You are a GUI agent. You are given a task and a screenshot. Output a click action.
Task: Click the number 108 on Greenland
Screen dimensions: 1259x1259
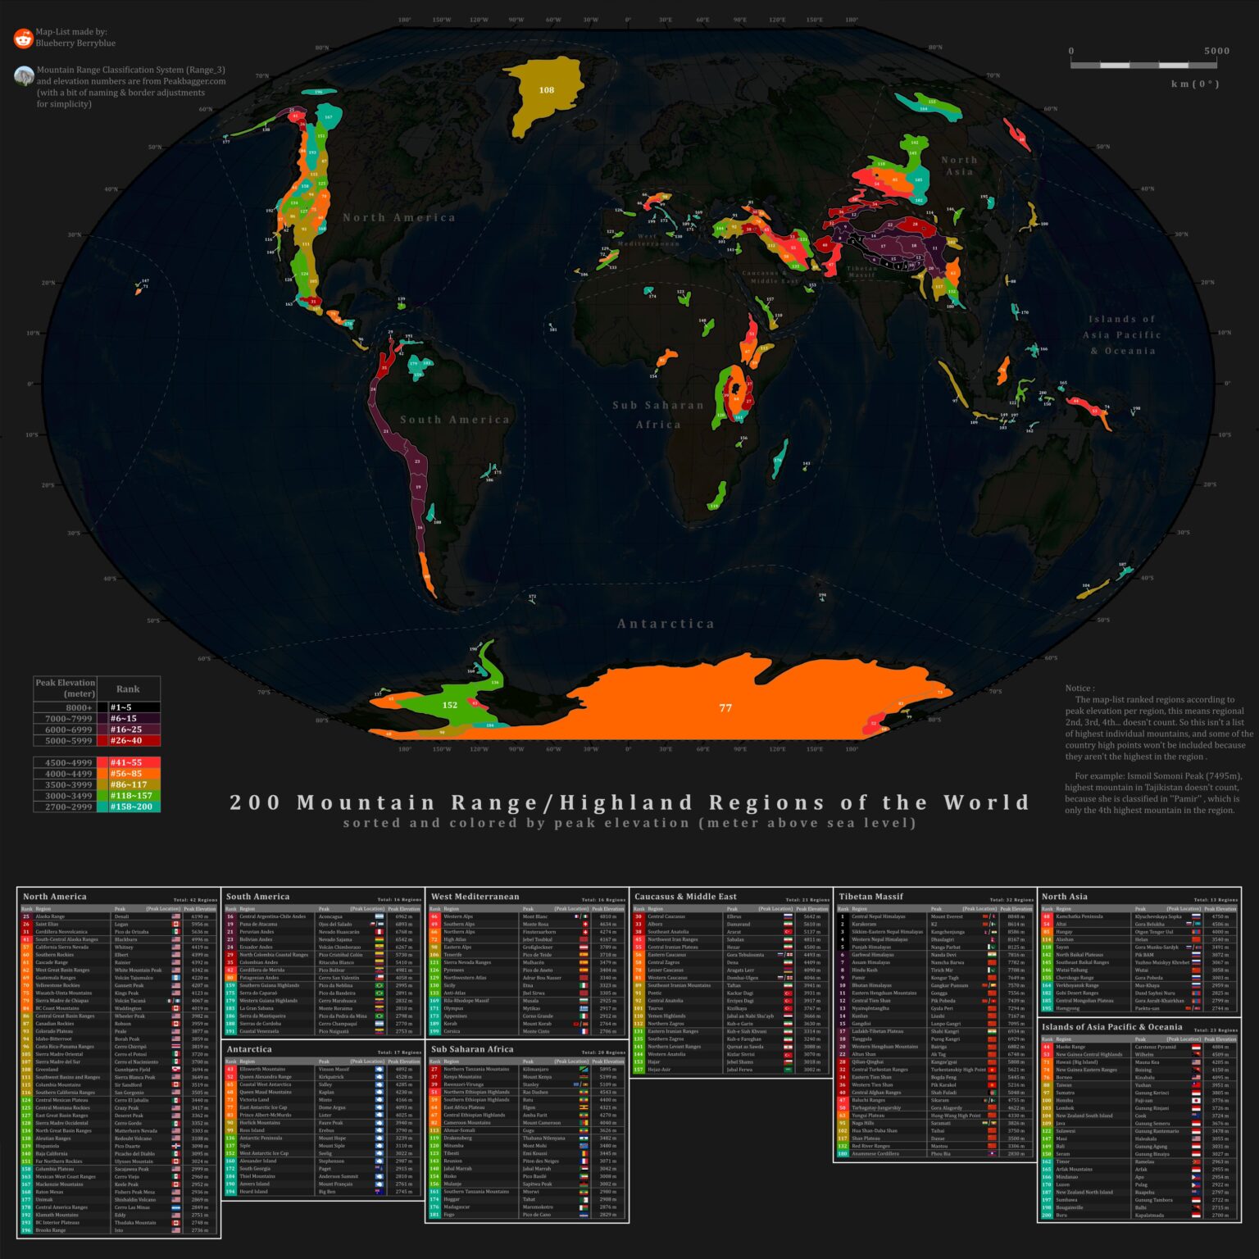click(x=547, y=90)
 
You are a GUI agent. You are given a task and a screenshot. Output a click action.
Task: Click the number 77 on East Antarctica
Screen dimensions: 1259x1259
click(x=725, y=707)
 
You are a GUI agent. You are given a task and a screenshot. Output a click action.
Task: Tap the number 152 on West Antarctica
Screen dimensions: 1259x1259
click(x=450, y=705)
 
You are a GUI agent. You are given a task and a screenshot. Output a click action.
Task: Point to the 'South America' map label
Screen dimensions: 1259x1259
click(x=455, y=420)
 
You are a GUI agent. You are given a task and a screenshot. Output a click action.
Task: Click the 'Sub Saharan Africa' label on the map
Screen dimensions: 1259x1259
click(x=658, y=415)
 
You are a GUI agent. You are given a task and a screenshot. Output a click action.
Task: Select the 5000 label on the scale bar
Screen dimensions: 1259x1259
click(x=1216, y=51)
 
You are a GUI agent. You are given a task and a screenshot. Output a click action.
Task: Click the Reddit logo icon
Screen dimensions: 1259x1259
click(x=23, y=38)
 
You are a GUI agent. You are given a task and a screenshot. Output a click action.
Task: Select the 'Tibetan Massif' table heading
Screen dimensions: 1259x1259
click(x=870, y=897)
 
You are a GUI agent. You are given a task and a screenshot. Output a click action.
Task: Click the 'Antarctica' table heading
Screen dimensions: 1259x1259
click(x=249, y=1049)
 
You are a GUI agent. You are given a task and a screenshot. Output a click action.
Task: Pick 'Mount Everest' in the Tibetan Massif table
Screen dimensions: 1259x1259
click(x=948, y=916)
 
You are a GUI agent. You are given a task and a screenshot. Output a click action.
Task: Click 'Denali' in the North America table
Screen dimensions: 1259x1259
click(x=121, y=916)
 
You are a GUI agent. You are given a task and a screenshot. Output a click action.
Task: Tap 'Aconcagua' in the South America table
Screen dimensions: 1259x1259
click(x=330, y=916)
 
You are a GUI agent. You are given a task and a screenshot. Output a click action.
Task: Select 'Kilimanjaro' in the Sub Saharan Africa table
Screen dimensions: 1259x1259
click(x=535, y=1069)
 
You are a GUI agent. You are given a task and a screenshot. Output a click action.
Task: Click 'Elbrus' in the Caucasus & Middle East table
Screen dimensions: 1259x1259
click(x=734, y=916)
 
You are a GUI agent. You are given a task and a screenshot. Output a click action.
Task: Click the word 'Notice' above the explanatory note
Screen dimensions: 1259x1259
click(x=1079, y=689)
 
